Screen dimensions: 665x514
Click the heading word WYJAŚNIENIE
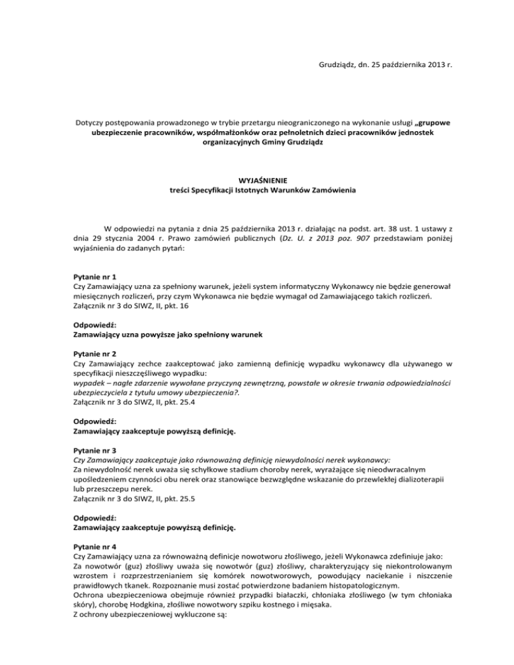257,180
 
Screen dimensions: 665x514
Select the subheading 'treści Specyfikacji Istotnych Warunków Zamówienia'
257,191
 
